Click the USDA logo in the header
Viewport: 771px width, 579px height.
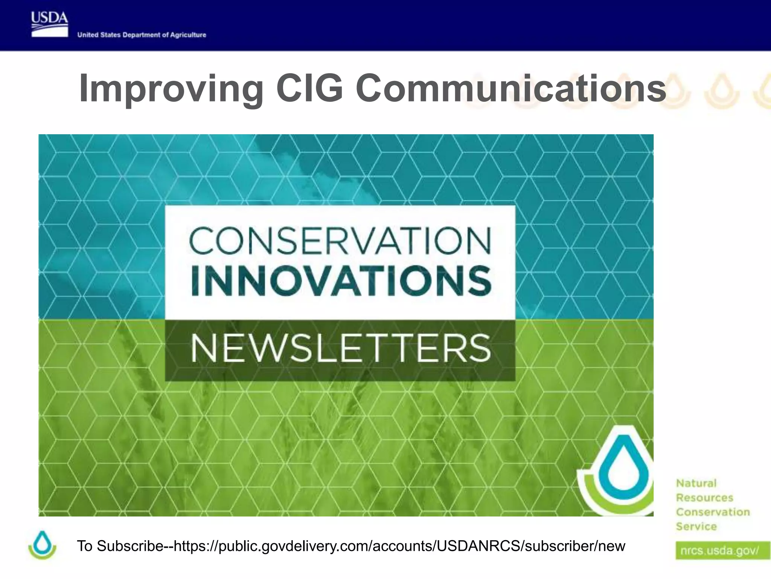pos(50,25)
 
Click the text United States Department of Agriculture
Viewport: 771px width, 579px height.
pos(142,35)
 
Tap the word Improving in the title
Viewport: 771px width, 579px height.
pos(171,89)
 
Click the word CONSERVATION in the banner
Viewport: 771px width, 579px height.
pos(340,240)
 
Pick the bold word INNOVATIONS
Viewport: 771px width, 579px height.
pos(341,281)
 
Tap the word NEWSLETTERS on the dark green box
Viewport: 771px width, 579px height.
pos(340,349)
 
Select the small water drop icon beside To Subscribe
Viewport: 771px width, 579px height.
pos(42,545)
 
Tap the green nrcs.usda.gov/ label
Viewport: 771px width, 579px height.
pos(720,551)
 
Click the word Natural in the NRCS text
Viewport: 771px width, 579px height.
pos(696,483)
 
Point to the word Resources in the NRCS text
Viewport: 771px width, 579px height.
pos(704,498)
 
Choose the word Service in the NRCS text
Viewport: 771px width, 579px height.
pos(696,526)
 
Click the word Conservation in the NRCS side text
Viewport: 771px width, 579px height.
pos(713,512)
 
